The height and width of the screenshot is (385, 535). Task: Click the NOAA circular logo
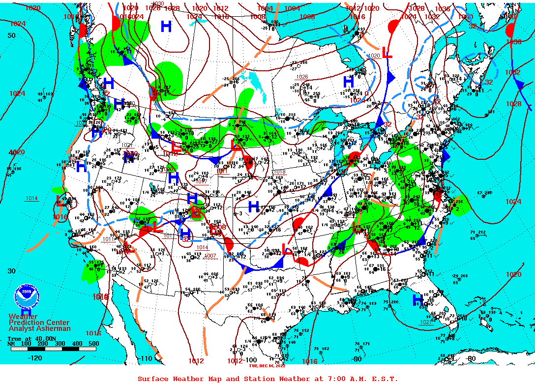coord(26,296)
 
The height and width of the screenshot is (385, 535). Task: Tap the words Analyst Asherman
coord(39,328)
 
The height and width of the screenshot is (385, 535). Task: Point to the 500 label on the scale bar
coord(93,344)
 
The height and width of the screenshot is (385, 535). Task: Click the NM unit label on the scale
coord(11,344)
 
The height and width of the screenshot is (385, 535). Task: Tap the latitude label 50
coord(11,35)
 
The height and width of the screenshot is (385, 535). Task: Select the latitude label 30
coord(11,271)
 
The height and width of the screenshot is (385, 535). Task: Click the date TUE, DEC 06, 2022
coord(267,366)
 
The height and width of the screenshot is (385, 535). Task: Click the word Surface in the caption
coord(153,379)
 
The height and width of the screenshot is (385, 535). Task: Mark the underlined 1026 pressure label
coord(301,77)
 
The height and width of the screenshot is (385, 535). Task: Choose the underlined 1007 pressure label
coord(210,256)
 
